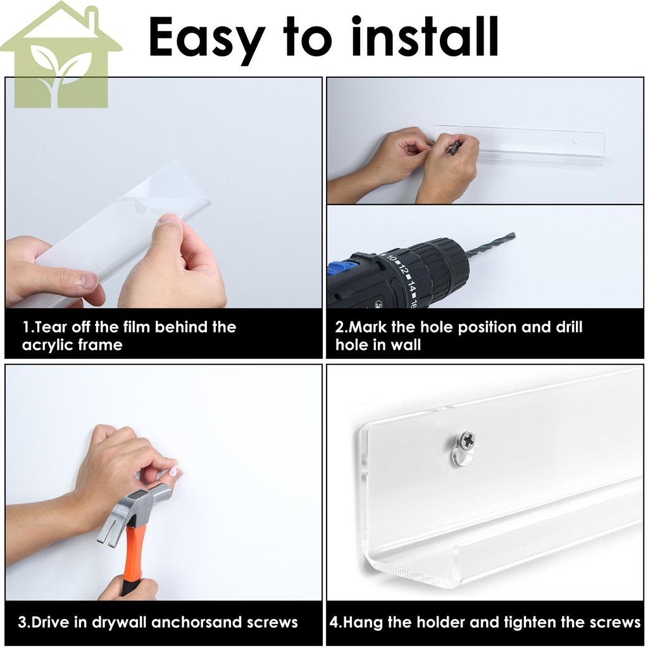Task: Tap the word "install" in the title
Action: pyautogui.click(x=425, y=36)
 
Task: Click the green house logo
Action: pyautogui.click(x=61, y=54)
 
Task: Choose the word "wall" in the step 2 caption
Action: pyautogui.click(x=406, y=345)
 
